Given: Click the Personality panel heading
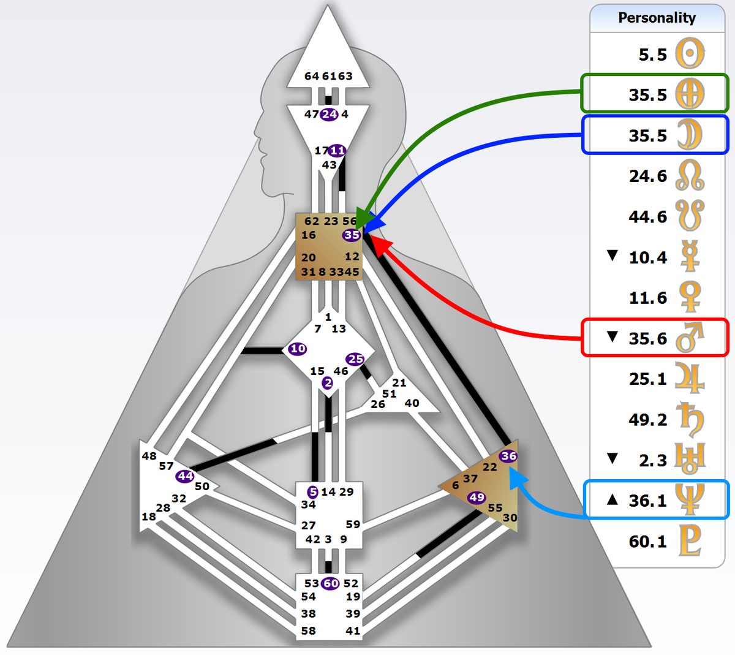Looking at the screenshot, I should pyautogui.click(x=657, y=18).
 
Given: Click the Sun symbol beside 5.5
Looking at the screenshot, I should pyautogui.click(x=690, y=54).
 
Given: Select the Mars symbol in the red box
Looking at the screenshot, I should pyautogui.click(x=690, y=338).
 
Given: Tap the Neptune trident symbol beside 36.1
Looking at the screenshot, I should pyautogui.click(x=690, y=499).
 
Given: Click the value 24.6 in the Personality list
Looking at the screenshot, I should pyautogui.click(x=647, y=176).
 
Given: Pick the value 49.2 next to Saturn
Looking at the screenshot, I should pyautogui.click(x=647, y=420).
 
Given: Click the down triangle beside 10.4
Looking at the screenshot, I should pyautogui.click(x=612, y=256).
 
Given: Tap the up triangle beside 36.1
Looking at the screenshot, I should pyautogui.click(x=612, y=499).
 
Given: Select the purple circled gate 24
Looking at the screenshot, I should pyautogui.click(x=330, y=114).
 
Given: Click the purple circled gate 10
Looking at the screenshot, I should pyautogui.click(x=298, y=349).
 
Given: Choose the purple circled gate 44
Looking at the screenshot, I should pyautogui.click(x=185, y=476).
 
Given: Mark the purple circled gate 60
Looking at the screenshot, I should pyautogui.click(x=331, y=583).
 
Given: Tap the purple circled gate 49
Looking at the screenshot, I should pyautogui.click(x=477, y=498).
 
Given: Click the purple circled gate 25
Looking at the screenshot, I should pyautogui.click(x=355, y=359).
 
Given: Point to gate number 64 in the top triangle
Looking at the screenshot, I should pyautogui.click(x=312, y=76).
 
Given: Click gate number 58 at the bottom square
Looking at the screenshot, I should pyautogui.click(x=309, y=630).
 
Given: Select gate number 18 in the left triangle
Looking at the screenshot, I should pyautogui.click(x=149, y=517).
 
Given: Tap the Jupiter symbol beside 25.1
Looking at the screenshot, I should pyautogui.click(x=690, y=378).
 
